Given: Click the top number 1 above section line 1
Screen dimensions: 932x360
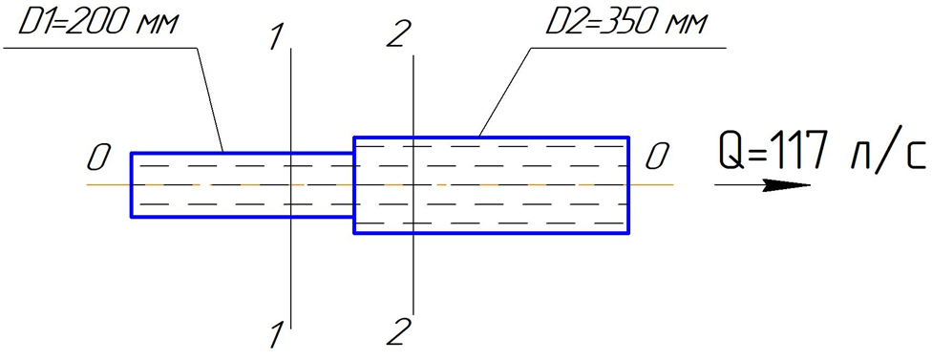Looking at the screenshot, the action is click(x=276, y=38).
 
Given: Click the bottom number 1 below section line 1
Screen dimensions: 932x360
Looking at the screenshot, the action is click(x=275, y=335).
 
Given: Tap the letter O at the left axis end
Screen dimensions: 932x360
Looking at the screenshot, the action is click(x=98, y=159).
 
